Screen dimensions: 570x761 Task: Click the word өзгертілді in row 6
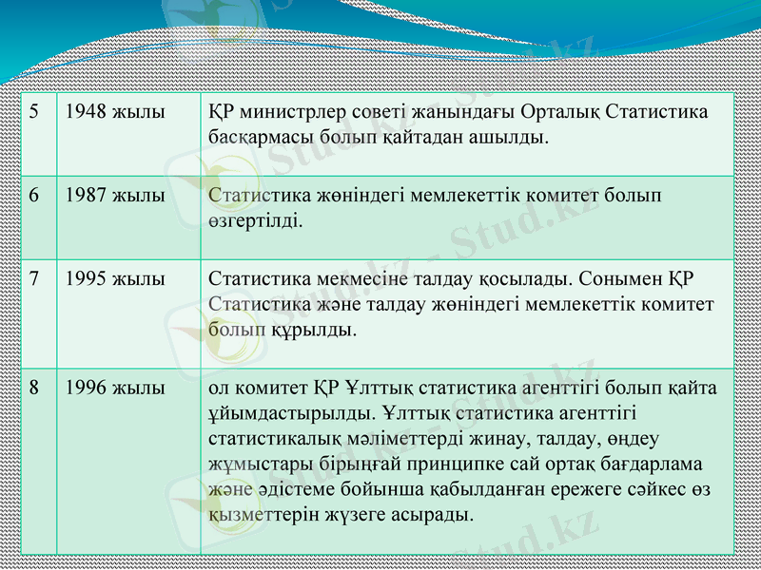point(255,221)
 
